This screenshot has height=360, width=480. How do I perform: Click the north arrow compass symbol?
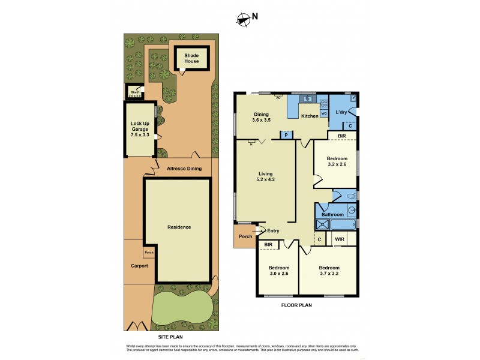pyautogui.click(x=243, y=20)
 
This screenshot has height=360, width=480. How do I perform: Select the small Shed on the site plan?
pyautogui.click(x=134, y=93)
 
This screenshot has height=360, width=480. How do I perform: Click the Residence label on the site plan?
pyautogui.click(x=179, y=227)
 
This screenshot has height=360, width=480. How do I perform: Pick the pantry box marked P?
pyautogui.click(x=286, y=135)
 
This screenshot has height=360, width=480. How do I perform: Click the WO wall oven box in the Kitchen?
pyautogui.click(x=324, y=113)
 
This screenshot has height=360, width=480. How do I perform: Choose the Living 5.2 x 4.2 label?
pyautogui.click(x=265, y=178)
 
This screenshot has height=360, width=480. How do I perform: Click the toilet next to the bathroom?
pyautogui.click(x=352, y=196)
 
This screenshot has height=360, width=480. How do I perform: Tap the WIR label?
pyautogui.click(x=339, y=239)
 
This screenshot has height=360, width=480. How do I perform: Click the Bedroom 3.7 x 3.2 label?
pyautogui.click(x=328, y=271)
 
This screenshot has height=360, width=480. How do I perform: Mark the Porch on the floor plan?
pyautogui.click(x=245, y=236)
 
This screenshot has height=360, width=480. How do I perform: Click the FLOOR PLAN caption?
pyautogui.click(x=297, y=305)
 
